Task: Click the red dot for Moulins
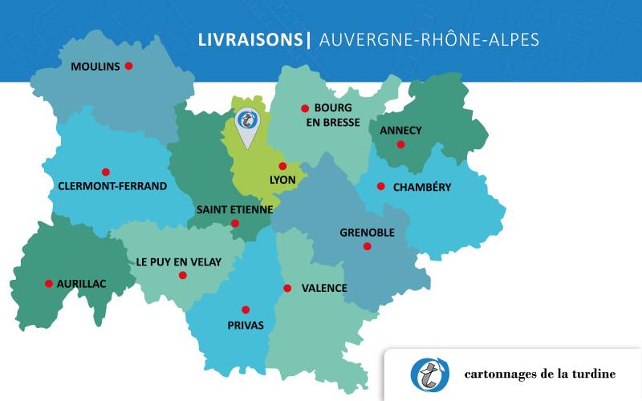(x=128, y=66)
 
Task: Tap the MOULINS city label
(x=95, y=66)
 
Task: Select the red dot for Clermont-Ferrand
(x=105, y=172)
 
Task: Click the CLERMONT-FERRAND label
(x=112, y=186)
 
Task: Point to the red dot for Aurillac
(x=49, y=283)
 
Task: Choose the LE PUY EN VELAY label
(x=178, y=261)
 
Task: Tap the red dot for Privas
(x=246, y=310)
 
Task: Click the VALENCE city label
(x=324, y=288)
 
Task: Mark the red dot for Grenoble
(x=367, y=246)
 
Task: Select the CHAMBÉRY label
(x=422, y=188)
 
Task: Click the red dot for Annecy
(x=400, y=144)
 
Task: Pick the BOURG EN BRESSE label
(x=337, y=115)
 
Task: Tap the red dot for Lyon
(x=282, y=166)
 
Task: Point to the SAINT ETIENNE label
(x=234, y=209)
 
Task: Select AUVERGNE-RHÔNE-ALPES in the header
(x=429, y=39)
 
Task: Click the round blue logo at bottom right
(x=430, y=374)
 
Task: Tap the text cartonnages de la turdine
(x=539, y=375)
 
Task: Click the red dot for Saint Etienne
(x=235, y=224)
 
